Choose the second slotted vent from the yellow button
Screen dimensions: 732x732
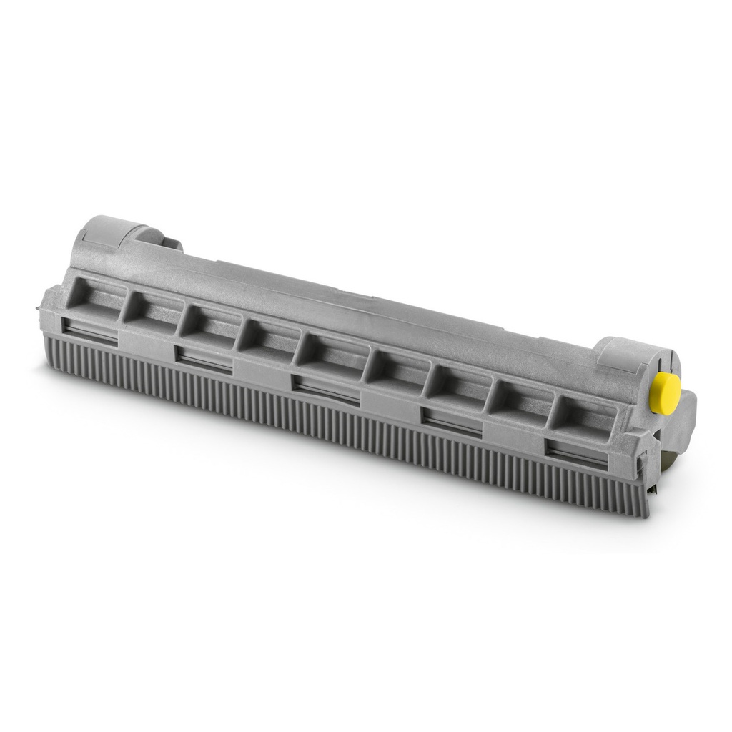point(451,419)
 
